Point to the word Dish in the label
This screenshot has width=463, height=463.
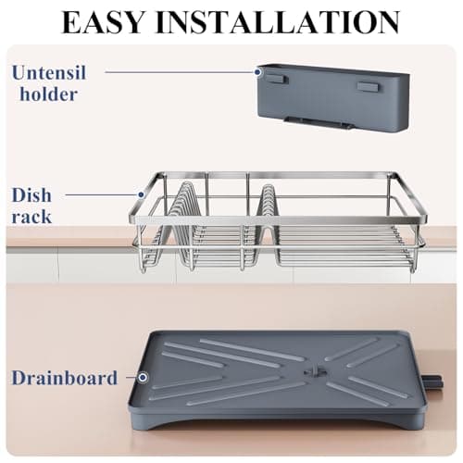[31, 196]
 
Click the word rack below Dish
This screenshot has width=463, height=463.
[32, 218]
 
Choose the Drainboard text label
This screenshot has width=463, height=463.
[65, 378]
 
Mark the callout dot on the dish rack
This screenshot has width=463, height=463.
[141, 195]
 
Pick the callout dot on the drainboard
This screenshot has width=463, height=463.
[144, 378]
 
